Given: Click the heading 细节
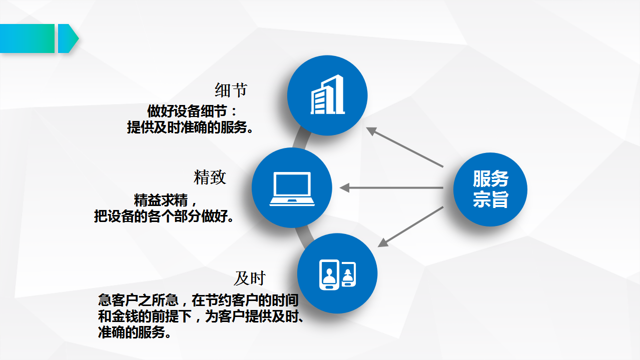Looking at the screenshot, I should [231, 90].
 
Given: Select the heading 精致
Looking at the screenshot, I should [210, 177].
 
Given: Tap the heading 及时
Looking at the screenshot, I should [249, 278].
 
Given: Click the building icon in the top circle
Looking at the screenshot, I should [328, 95].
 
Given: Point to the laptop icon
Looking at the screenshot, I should [292, 188].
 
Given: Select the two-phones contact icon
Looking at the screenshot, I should [337, 274].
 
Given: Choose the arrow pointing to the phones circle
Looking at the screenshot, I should [410, 226].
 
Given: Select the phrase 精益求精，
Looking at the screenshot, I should [167, 200].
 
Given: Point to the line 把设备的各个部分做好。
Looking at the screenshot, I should [164, 216].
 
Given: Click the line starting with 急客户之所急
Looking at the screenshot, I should [198, 300].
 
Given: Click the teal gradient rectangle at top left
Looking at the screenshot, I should [27, 38].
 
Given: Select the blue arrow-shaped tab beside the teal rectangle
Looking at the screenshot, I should [67, 38].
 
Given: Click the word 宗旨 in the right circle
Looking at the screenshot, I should [490, 200].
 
